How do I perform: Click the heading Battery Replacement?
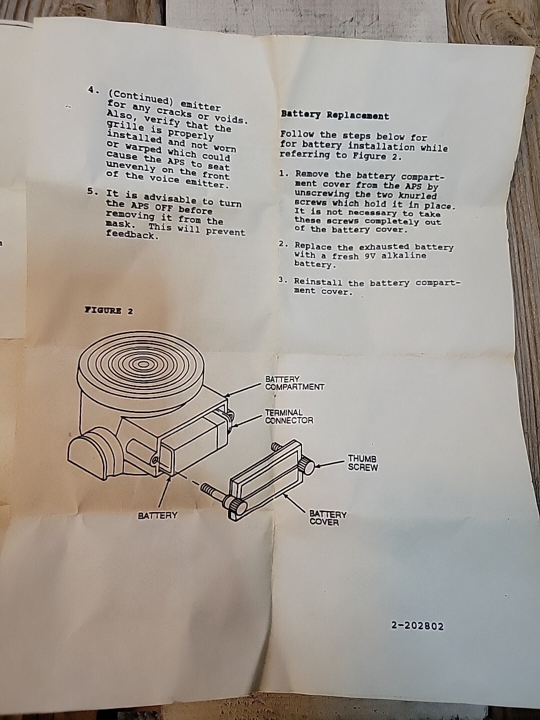(335, 115)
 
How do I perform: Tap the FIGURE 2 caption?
(109, 310)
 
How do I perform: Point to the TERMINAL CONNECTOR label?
(289, 416)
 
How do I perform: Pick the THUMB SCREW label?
(362, 462)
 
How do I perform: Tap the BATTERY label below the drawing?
(157, 516)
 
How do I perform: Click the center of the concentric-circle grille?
(143, 364)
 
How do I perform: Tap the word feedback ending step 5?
(132, 235)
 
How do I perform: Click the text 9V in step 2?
(371, 256)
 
